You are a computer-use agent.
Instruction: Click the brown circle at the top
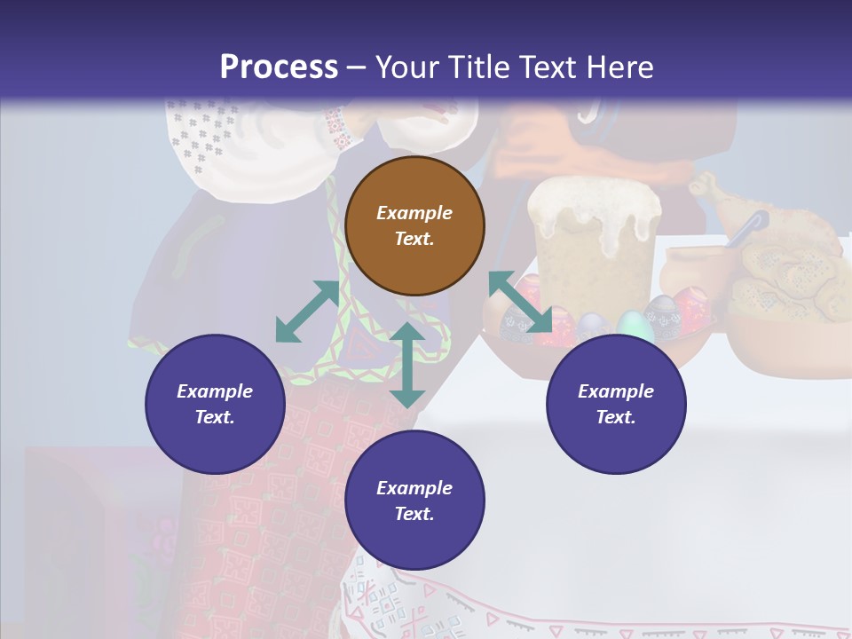[x=414, y=225]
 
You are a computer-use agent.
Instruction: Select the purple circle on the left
[x=215, y=404]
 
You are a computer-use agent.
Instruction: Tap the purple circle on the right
[x=616, y=404]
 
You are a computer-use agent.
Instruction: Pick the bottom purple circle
[x=414, y=501]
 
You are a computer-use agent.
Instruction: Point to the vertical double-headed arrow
[x=407, y=365]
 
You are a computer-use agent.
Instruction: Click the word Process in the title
[x=279, y=67]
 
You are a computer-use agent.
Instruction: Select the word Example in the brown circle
[x=414, y=213]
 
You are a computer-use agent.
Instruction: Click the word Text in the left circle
[x=215, y=417]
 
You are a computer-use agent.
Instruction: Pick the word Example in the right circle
[x=616, y=391]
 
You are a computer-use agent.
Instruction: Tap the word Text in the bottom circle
[x=414, y=514]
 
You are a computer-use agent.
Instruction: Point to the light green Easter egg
[x=634, y=326]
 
